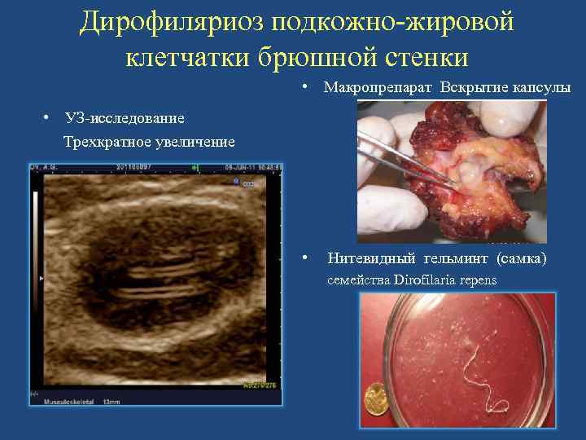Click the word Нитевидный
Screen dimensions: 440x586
(x=372, y=259)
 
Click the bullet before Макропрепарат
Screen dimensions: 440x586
(x=303, y=86)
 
